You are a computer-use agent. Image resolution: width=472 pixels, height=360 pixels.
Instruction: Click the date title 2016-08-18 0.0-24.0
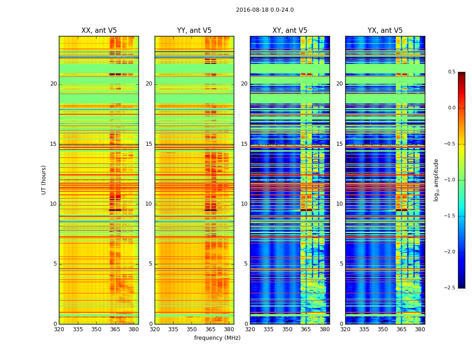click(265, 10)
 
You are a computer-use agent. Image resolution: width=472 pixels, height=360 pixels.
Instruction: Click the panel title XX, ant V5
click(99, 31)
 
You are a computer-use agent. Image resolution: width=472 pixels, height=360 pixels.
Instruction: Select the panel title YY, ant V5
click(194, 31)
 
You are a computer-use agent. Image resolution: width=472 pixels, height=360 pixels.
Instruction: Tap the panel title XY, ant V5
click(290, 31)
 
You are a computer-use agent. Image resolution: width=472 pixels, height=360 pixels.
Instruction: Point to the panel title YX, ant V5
click(385, 31)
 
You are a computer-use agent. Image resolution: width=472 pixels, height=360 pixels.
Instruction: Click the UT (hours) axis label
click(44, 180)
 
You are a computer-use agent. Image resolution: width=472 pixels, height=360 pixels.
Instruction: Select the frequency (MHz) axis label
click(217, 338)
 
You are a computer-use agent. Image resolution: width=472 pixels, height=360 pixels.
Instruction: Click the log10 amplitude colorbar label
click(436, 180)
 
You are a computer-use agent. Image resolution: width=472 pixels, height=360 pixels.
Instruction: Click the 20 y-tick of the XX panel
click(53, 84)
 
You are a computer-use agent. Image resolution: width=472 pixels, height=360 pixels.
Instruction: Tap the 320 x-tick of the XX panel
click(59, 329)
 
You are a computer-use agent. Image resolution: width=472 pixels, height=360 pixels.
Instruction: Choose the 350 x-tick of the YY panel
click(192, 329)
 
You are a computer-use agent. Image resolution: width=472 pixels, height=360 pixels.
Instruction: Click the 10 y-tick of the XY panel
click(244, 204)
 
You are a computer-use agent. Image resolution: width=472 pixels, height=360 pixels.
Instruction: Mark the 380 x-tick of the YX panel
click(420, 329)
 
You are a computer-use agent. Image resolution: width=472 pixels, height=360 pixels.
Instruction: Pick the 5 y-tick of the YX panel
click(341, 264)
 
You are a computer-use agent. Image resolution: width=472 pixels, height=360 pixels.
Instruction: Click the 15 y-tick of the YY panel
click(149, 144)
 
